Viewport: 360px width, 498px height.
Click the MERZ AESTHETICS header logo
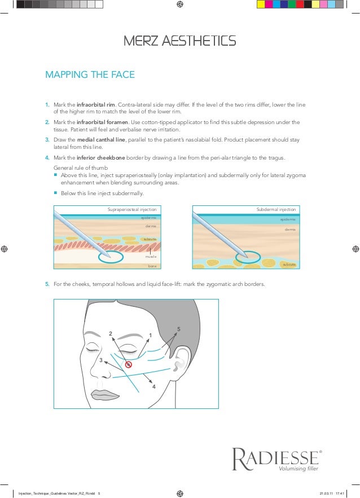point(179,41)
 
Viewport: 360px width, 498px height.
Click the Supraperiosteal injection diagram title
point(131,209)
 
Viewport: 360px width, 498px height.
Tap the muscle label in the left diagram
point(151,256)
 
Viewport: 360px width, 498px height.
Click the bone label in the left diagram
point(152,265)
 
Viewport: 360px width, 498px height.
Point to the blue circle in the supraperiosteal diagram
point(111,257)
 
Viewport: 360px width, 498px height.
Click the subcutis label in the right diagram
point(289,264)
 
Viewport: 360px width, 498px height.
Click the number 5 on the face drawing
point(178,329)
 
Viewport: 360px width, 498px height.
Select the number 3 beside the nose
point(101,360)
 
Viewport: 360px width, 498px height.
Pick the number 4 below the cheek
point(153,387)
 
